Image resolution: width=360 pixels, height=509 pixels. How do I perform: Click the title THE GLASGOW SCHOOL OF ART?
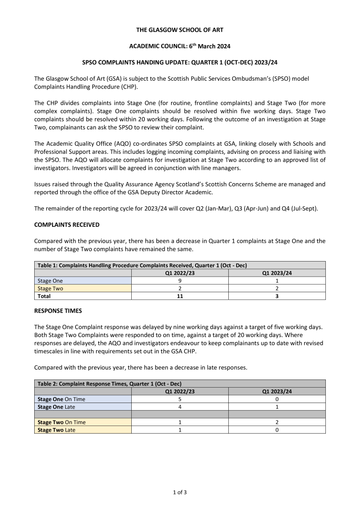[x=180, y=30]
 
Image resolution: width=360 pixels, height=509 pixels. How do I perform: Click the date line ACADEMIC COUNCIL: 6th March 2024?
[x=180, y=46]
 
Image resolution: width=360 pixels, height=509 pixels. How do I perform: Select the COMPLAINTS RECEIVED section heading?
[x=67, y=225]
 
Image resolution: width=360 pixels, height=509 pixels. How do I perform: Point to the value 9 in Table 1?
[x=180, y=281]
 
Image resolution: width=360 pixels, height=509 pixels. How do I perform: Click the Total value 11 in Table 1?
[x=180, y=296]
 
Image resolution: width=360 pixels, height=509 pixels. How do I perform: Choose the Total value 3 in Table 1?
[x=277, y=296]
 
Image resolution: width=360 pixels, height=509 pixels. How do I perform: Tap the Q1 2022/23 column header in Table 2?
[x=180, y=391]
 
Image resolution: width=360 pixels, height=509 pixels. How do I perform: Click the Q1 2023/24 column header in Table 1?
[x=277, y=273]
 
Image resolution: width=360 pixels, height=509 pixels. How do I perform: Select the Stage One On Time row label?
[x=61, y=399]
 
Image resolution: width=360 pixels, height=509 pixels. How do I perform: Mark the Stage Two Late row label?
[x=56, y=430]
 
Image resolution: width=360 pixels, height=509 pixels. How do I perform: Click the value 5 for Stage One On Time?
[x=180, y=399]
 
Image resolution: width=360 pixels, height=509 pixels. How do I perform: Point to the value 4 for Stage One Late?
[x=180, y=407]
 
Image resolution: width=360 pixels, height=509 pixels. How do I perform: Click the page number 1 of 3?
[x=180, y=492]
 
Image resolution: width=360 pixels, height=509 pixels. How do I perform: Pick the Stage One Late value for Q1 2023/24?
[x=277, y=407]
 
